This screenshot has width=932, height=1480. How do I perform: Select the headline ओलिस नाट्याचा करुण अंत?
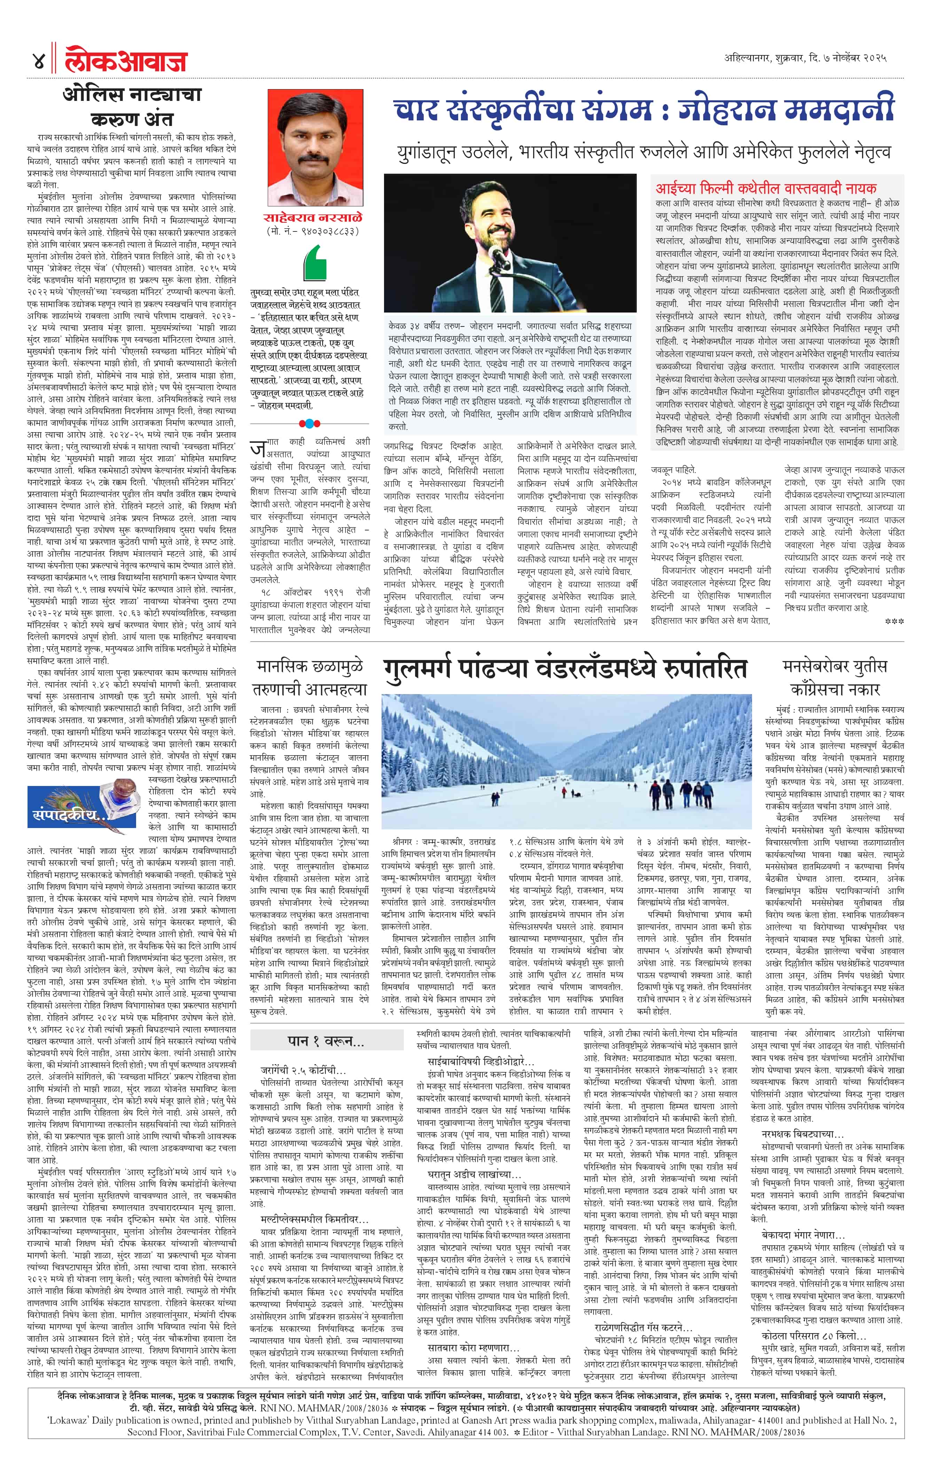132,106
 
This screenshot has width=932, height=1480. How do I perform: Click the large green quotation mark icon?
315,263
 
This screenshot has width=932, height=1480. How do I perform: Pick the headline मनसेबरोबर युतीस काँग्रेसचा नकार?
834,677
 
